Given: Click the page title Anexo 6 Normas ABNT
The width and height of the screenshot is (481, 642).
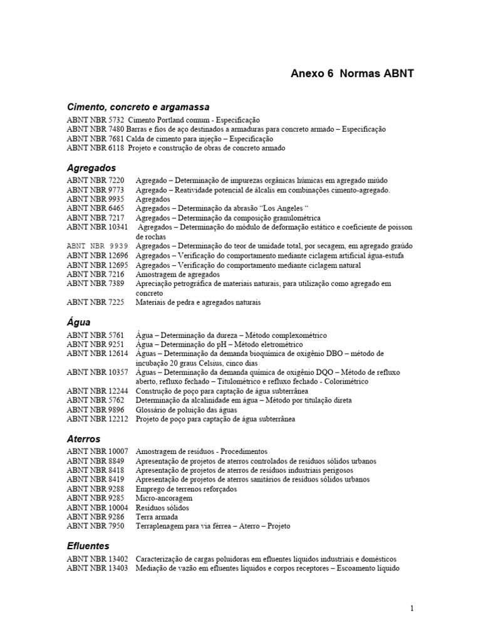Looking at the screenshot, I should pyautogui.click(x=352, y=73).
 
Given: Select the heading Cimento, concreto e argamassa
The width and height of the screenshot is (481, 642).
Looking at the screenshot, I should pyautogui.click(x=138, y=107).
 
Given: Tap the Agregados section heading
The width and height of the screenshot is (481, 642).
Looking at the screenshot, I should pyautogui.click(x=91, y=168).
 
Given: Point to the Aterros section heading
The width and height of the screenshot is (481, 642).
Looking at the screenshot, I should pyautogui.click(x=83, y=439).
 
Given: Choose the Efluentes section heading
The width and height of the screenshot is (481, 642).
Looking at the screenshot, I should pyautogui.click(x=88, y=546).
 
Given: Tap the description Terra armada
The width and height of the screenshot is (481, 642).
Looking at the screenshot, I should pyautogui.click(x=156, y=517).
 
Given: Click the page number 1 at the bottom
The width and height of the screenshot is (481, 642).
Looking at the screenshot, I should pyautogui.click(x=412, y=608).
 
